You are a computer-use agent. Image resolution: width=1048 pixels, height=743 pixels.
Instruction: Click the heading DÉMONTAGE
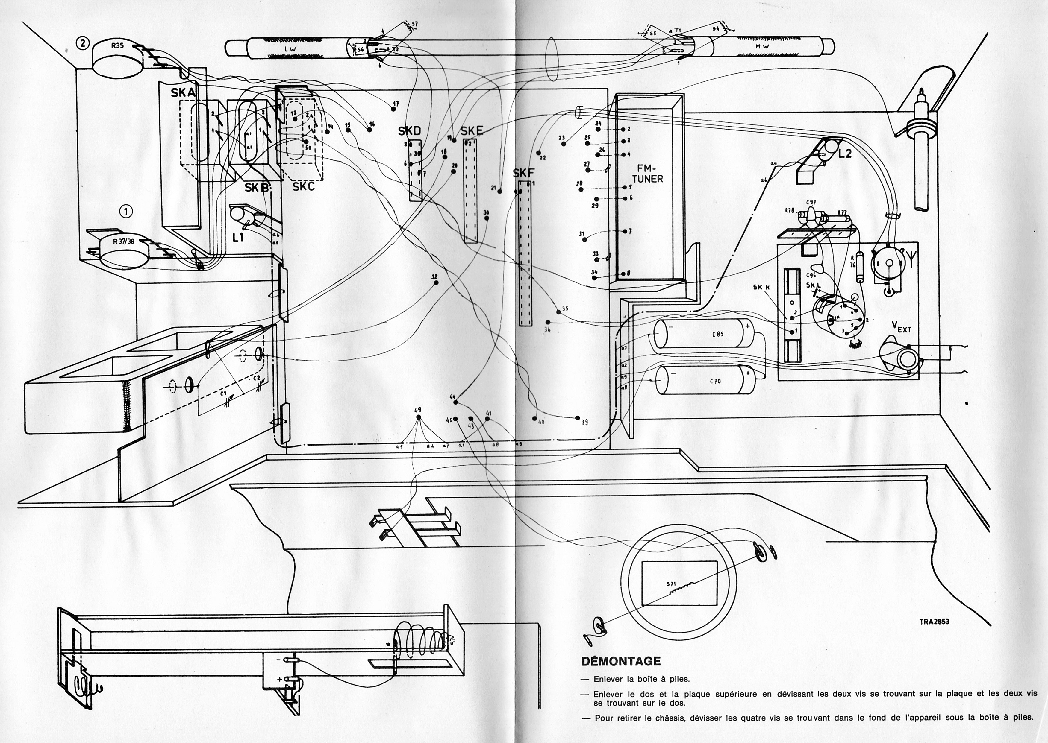(621, 661)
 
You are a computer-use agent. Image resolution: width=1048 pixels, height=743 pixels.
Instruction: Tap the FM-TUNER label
(647, 173)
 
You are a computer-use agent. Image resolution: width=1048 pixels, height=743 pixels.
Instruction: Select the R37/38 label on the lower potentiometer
(124, 241)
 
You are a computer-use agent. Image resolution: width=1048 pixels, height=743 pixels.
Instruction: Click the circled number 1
(126, 211)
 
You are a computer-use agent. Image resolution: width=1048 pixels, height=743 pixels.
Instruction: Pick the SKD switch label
(409, 132)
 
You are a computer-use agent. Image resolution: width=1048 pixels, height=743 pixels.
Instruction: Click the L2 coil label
(845, 154)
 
